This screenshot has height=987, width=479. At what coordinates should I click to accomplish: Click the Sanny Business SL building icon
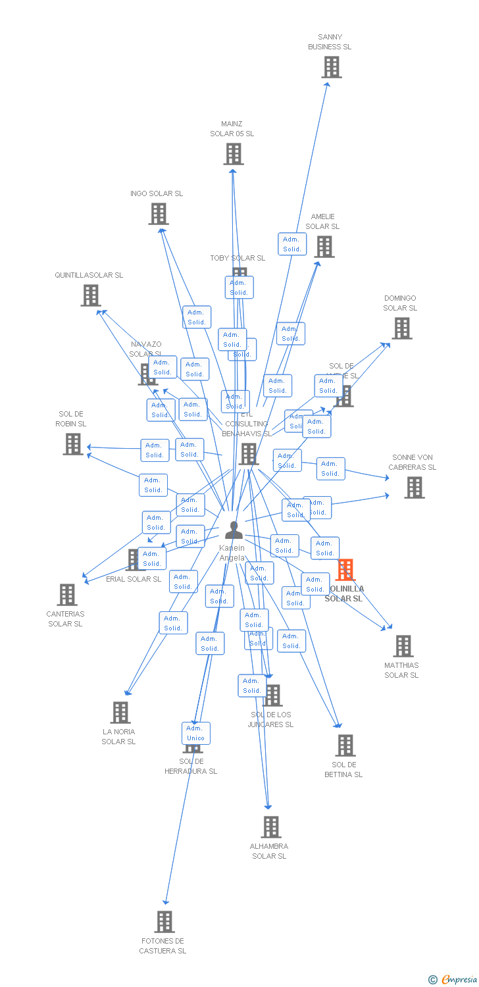332,67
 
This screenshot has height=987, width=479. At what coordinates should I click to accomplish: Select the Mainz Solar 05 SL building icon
233,154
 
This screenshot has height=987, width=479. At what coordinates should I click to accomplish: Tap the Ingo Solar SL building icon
159,214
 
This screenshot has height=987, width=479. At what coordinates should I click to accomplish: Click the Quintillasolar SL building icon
91,295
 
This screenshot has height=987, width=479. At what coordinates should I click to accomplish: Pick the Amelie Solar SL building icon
324,247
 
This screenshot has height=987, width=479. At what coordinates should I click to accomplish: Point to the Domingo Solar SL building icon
402,328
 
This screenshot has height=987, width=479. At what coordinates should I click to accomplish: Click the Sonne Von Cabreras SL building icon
414,488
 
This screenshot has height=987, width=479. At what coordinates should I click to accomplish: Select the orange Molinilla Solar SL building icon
345,570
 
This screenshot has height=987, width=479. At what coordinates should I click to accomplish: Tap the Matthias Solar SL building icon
403,646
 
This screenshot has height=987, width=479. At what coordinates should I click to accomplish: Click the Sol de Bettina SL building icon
345,746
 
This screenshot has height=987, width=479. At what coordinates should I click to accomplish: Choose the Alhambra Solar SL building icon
270,827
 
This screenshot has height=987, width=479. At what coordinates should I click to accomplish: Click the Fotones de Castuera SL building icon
164,922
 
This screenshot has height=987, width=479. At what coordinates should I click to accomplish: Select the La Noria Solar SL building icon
120,713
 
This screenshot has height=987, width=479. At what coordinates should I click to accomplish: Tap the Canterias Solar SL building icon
67,595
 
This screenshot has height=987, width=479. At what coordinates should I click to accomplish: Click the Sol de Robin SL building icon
73,444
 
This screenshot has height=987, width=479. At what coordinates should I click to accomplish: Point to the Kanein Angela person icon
234,530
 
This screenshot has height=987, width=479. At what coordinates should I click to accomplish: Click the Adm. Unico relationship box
195,733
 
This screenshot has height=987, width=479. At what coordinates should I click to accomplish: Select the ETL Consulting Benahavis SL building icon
249,453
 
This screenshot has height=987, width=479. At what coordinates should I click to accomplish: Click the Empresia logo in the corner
454,980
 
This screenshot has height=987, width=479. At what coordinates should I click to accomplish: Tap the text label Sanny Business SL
330,42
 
